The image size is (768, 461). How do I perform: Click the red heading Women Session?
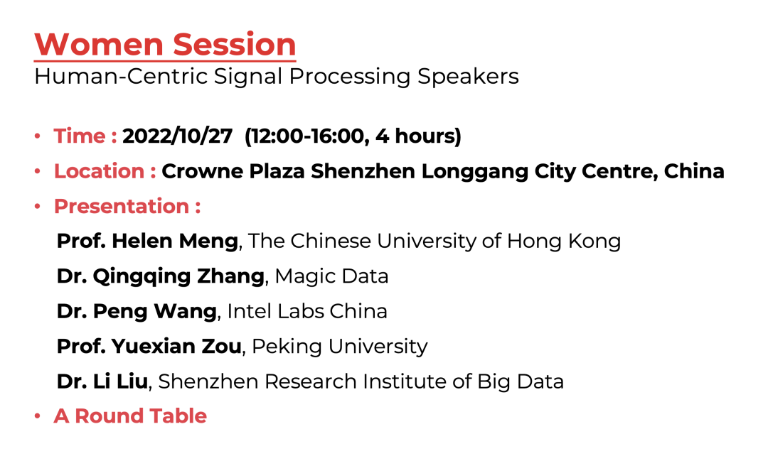click(x=165, y=45)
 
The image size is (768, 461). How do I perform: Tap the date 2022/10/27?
click(x=177, y=136)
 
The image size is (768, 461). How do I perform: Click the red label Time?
click(x=80, y=136)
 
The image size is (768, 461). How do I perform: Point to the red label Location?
click(x=100, y=171)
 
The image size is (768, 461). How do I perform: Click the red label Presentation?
click(x=121, y=206)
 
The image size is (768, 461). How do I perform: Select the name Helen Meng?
click(x=173, y=241)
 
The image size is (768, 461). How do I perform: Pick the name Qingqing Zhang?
click(x=178, y=276)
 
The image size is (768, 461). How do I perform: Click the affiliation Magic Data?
click(x=331, y=276)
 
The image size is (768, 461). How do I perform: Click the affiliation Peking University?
click(x=340, y=346)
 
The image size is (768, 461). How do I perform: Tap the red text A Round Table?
click(x=130, y=416)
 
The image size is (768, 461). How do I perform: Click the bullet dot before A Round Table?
click(x=37, y=416)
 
